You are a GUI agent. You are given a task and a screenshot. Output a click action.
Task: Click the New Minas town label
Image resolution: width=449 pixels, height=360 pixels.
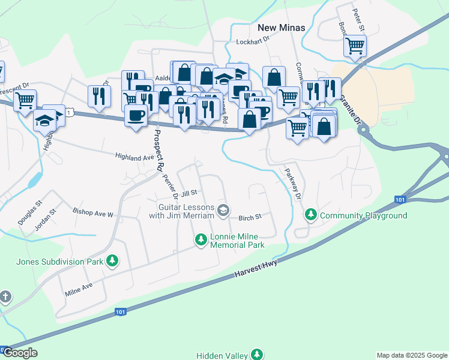pyautogui.click(x=281, y=28)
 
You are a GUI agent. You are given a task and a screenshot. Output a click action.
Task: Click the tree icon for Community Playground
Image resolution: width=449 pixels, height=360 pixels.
pyautogui.click(x=311, y=214)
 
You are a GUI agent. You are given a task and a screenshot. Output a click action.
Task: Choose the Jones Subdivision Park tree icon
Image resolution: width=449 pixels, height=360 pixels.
pyautogui.click(x=112, y=260)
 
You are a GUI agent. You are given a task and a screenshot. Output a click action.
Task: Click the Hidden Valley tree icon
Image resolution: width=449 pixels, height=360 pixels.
pyautogui.click(x=257, y=355)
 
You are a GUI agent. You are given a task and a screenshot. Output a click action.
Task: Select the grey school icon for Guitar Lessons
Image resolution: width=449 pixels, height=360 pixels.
pyautogui.click(x=223, y=209)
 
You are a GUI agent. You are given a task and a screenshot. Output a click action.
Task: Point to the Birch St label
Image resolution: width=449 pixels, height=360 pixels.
pyautogui.click(x=250, y=217)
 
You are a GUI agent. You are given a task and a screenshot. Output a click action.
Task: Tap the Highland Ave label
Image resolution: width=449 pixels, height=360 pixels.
pyautogui.click(x=135, y=157)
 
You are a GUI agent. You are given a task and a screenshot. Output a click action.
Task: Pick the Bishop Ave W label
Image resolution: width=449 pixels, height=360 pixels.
pyautogui.click(x=92, y=213)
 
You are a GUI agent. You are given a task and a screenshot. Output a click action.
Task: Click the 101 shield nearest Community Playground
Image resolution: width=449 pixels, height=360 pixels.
pyautogui.click(x=402, y=199)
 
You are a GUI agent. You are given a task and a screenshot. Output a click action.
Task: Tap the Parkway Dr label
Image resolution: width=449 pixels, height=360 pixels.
pyautogui.click(x=294, y=185)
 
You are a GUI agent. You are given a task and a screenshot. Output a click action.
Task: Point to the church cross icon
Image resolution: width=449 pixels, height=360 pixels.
pyautogui.click(x=5, y=297)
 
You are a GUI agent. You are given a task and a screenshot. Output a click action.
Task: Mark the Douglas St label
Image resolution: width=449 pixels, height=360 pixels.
pyautogui.click(x=29, y=213)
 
